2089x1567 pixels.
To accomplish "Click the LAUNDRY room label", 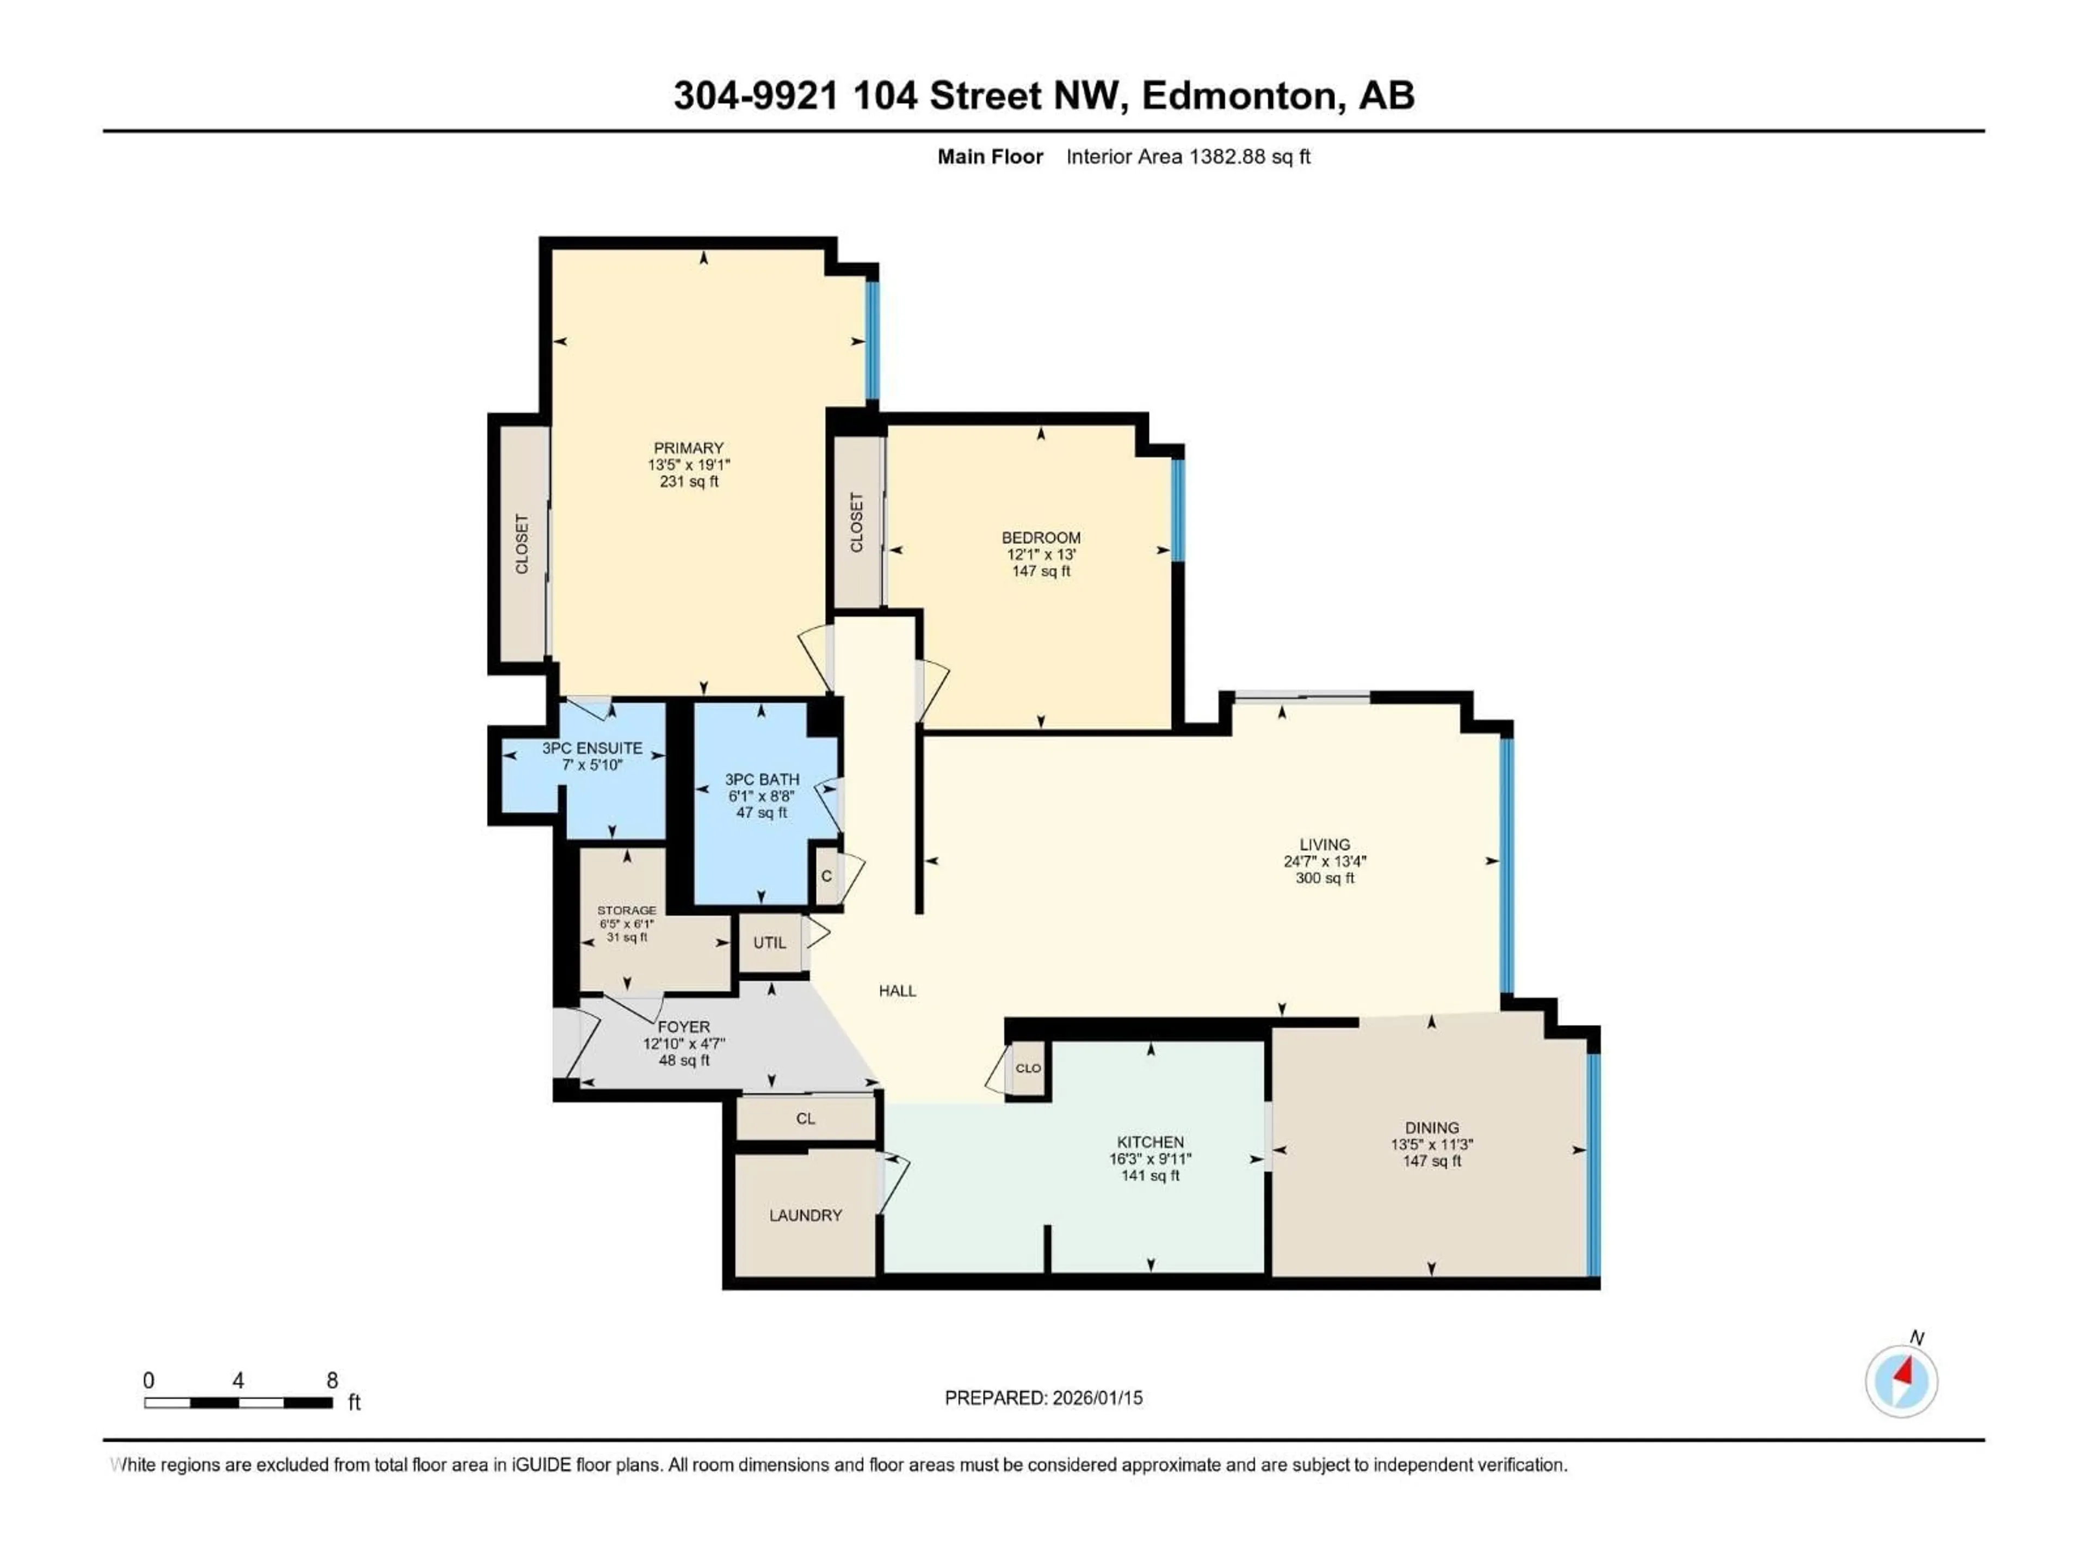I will click(805, 1216).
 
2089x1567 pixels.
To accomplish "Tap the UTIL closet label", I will click(770, 943).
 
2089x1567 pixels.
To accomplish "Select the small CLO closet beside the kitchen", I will click(1028, 1068).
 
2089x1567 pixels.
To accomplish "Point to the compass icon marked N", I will click(1901, 1381).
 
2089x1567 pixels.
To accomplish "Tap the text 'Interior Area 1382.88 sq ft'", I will click(1188, 157).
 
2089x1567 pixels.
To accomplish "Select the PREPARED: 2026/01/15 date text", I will click(1043, 1398).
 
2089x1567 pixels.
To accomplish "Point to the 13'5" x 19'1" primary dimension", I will click(689, 465).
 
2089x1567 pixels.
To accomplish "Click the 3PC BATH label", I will click(761, 779).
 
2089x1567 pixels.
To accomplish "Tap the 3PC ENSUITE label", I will click(592, 748).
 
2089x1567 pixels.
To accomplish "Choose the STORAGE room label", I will click(626, 910).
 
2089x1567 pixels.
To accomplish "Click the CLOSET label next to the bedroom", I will click(857, 522).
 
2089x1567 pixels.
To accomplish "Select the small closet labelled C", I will click(826, 877).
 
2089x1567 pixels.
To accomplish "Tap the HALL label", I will click(897, 991).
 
